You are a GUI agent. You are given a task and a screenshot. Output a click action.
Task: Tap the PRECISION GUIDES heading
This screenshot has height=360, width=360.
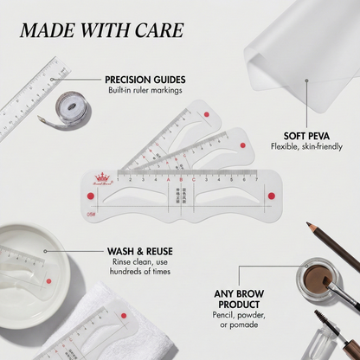pos(145,79)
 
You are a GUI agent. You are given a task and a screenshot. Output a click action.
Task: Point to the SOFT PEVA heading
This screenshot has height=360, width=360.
pos(309,135)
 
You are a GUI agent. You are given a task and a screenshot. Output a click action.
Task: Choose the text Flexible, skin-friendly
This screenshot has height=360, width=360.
pos(309,147)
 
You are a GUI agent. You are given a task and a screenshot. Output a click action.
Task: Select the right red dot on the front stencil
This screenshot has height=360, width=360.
pos(271,196)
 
